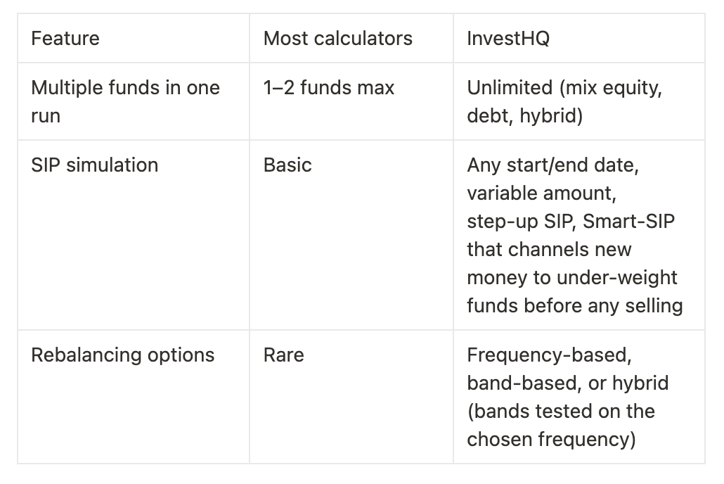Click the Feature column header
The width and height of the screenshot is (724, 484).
coord(65,38)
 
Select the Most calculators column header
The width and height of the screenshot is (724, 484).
coord(337,38)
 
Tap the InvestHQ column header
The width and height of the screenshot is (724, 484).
coord(508,38)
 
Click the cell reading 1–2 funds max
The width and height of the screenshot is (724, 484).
coord(328,88)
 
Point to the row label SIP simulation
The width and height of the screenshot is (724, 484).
coord(94,165)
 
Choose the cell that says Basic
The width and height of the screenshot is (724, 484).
coord(287,165)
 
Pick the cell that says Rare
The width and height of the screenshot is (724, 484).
coord(283,355)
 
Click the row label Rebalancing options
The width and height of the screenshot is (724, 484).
coord(122,355)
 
